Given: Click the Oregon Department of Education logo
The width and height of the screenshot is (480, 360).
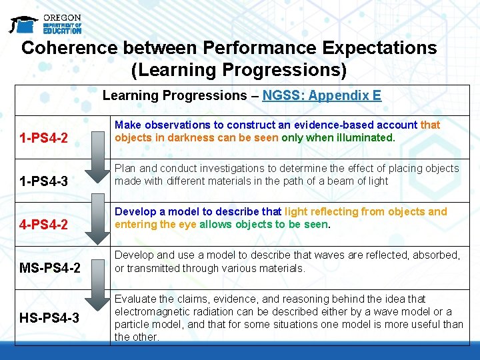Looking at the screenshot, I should coord(45,23).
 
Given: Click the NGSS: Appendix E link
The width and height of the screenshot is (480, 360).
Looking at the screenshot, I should coord(321,95).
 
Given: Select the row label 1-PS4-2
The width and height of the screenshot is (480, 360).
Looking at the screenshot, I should coord(43,139).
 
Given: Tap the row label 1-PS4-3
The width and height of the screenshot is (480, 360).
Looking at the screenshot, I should coord(43,181).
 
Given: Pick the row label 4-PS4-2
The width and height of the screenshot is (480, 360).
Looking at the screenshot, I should coord(43,225).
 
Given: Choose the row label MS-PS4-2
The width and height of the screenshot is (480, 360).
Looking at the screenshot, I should coord(50,269).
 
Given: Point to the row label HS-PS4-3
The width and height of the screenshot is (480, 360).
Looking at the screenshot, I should coord(50,318).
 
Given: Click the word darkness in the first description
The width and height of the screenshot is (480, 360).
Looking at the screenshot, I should coord(182,137).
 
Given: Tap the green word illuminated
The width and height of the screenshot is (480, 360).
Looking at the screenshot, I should coord(365,137).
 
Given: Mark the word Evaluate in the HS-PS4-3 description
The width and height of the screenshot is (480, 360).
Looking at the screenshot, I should coord(135,299).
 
